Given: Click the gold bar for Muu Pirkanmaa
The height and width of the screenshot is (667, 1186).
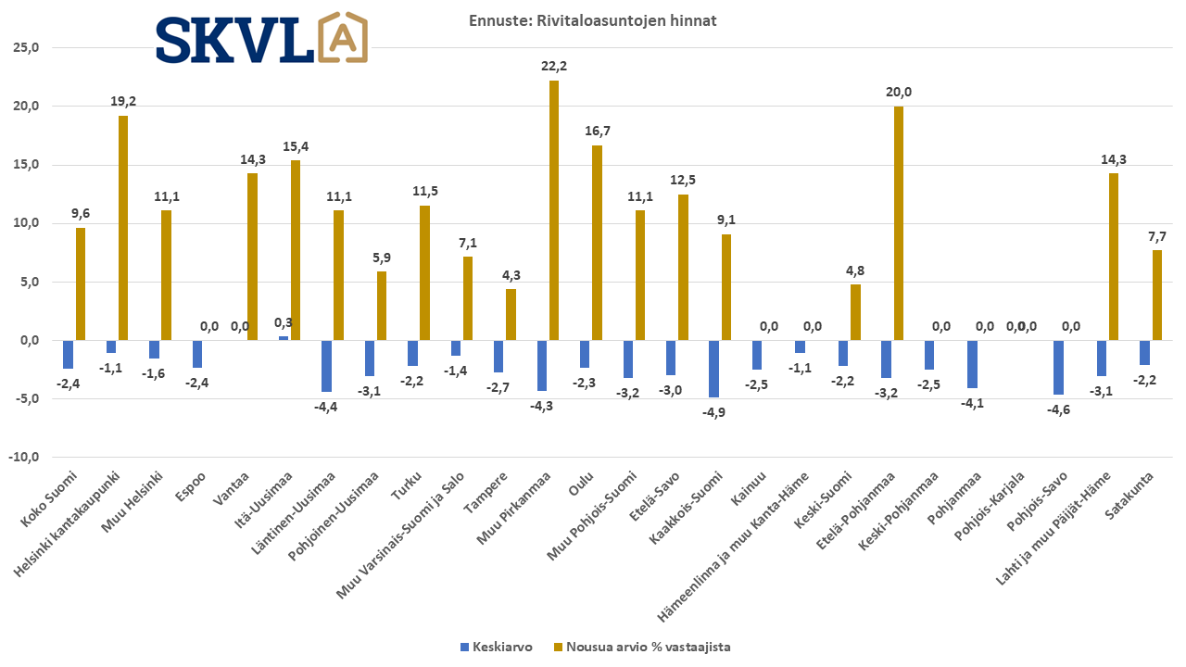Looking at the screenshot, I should click(554, 210).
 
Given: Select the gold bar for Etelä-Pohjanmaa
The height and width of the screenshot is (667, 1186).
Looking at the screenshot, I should click(898, 223).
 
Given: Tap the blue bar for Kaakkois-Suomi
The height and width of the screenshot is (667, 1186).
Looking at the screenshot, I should click(713, 369).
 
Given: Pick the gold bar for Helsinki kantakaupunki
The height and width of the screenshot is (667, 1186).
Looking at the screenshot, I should click(123, 228).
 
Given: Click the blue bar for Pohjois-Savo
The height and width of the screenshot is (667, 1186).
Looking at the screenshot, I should click(1058, 367).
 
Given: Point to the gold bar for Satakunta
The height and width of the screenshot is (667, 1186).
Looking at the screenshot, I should click(1156, 295).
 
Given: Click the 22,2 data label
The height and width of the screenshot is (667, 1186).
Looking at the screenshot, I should click(554, 66).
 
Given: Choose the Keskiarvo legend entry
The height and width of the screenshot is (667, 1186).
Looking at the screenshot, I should click(500, 648).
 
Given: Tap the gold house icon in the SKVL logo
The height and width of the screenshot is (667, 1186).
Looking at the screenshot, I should click(342, 39).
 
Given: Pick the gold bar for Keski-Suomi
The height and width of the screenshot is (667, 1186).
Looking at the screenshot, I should click(855, 312).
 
